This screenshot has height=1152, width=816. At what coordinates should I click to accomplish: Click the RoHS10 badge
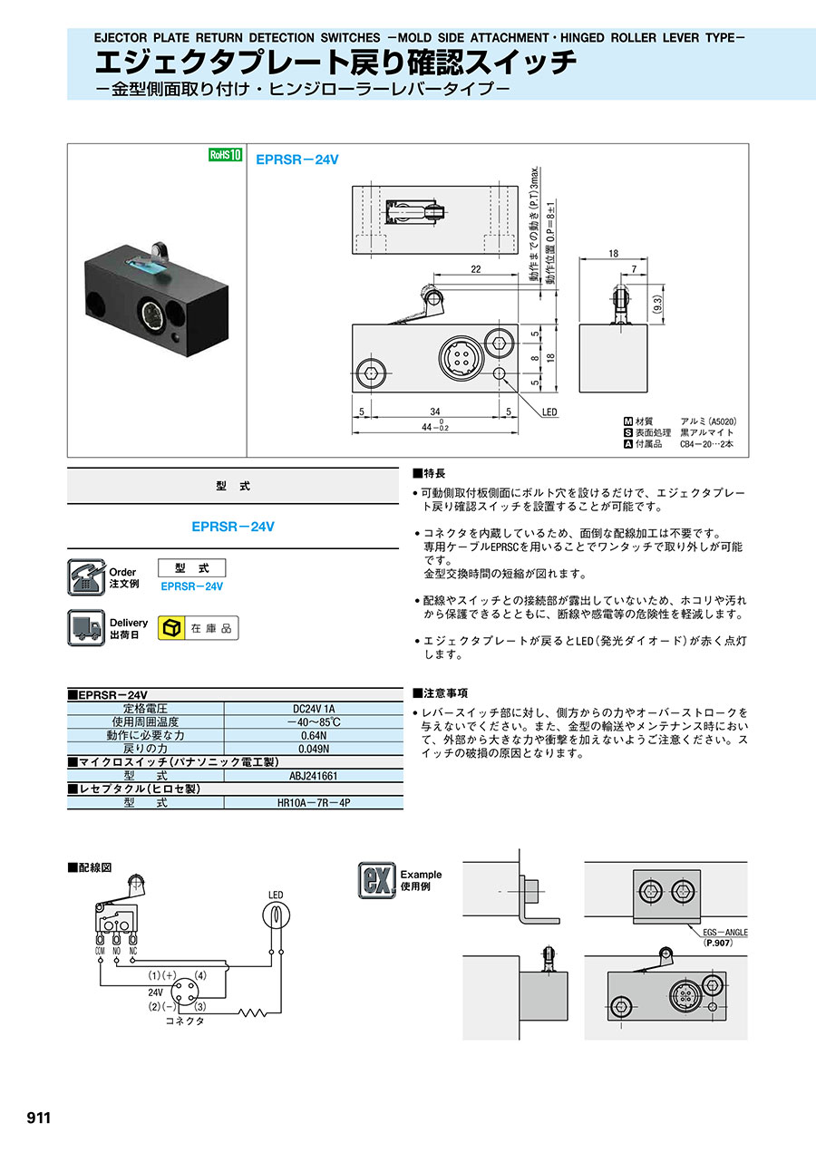click(226, 155)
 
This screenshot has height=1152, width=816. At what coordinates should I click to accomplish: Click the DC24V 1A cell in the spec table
click(313, 708)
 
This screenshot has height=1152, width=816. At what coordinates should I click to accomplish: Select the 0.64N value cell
click(313, 735)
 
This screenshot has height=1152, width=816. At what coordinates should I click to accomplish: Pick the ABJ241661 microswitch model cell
click(313, 776)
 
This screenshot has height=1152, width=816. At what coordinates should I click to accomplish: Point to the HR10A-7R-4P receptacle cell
click(313, 803)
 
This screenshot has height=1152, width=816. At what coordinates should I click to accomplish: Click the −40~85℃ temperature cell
click(313, 721)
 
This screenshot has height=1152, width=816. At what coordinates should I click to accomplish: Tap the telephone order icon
click(86, 577)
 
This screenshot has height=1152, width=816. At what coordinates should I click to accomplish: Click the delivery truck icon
click(86, 627)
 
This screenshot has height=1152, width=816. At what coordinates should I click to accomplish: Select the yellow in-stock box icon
click(170, 628)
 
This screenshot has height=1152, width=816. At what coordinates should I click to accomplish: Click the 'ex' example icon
click(375, 879)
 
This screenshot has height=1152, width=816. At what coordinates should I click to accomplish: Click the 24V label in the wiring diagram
click(157, 992)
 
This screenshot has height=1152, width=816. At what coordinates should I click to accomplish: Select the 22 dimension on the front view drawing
click(475, 270)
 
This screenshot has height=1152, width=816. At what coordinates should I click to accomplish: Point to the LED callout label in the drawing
click(549, 412)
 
